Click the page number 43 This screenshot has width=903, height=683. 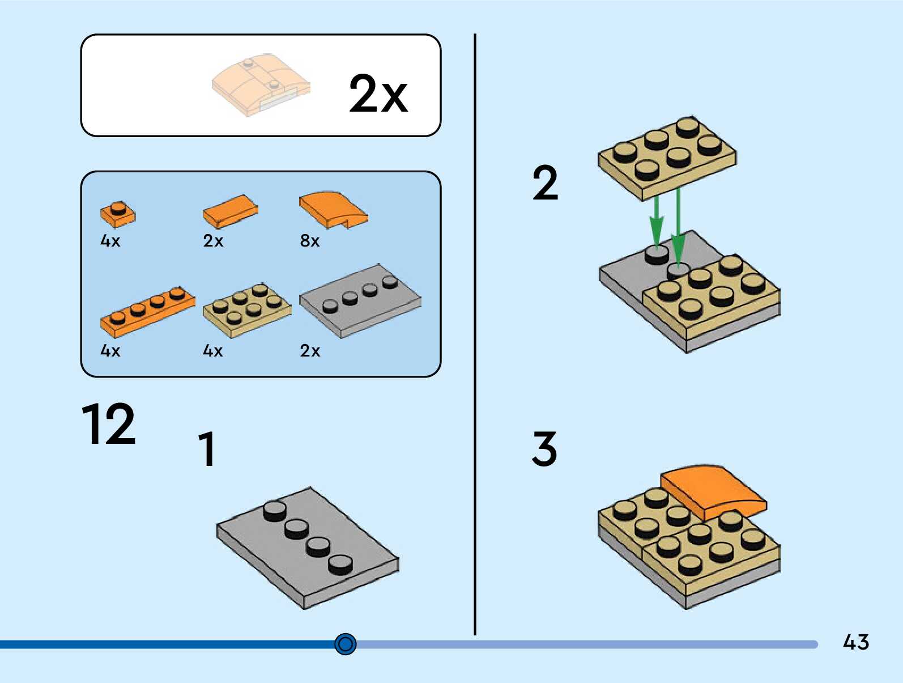855,642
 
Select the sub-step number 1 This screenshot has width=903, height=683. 207,449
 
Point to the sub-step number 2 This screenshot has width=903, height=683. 545,183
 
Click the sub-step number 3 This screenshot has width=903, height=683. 544,448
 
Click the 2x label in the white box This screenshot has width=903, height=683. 378,94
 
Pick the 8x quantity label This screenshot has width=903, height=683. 310,241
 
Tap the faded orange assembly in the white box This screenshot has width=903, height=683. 261,85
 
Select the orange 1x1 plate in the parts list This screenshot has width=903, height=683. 118,214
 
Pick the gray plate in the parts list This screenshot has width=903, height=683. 360,301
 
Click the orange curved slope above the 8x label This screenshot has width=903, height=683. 333,209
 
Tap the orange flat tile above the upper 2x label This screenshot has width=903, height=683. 230,210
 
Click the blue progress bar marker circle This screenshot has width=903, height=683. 346,644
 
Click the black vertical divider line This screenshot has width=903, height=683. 475,340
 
